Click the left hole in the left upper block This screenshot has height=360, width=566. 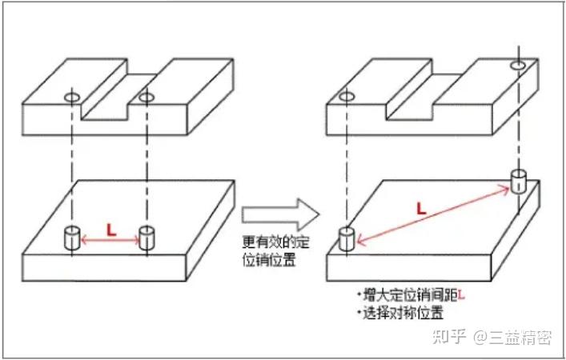71,98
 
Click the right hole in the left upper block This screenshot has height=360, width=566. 146,98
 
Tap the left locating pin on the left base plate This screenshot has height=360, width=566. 71,238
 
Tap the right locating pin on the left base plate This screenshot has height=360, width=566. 146,238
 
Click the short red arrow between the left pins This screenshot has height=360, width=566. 109,238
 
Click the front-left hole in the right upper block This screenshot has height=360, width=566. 346,98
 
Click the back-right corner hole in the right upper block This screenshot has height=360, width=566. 518,63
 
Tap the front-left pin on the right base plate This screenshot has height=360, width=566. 346,239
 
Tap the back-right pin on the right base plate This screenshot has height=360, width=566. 518,181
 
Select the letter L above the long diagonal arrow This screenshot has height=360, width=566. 420,207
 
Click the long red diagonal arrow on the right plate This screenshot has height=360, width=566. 433,213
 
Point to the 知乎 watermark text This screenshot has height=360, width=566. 448,337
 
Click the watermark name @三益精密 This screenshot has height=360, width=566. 512,337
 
